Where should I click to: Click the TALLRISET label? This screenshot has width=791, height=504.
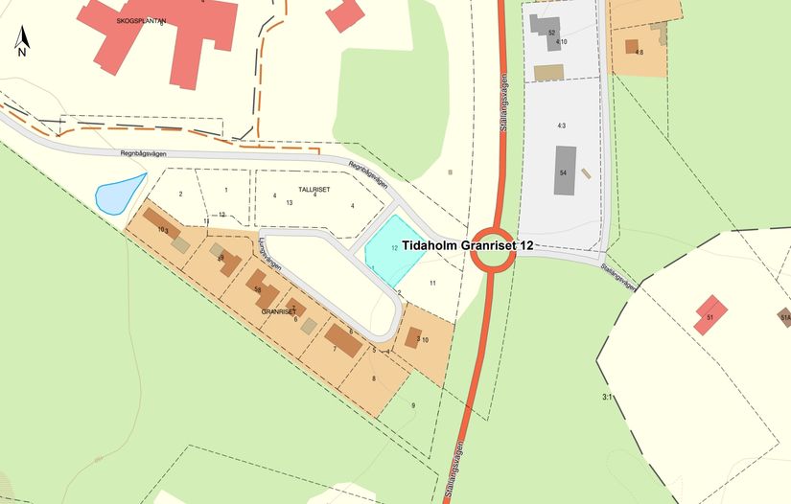[314, 190]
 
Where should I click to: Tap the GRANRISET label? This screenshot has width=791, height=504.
[277, 312]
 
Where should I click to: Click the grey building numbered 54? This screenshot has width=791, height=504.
[566, 171]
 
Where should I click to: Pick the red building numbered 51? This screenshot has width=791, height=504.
[710, 314]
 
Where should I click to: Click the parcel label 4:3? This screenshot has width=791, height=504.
[561, 126]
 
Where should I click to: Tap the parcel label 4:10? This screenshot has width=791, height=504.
[561, 42]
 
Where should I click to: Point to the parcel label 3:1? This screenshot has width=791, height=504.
[606, 396]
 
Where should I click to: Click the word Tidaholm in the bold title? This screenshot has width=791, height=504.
[431, 245]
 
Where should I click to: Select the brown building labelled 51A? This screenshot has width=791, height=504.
[784, 317]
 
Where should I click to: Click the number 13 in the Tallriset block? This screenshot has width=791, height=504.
[288, 202]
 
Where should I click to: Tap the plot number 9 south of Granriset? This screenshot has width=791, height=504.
[413, 406]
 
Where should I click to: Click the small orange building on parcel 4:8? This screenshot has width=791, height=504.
[631, 45]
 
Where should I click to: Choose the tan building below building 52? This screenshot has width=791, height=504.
[548, 72]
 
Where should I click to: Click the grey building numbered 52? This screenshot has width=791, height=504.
[548, 29]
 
